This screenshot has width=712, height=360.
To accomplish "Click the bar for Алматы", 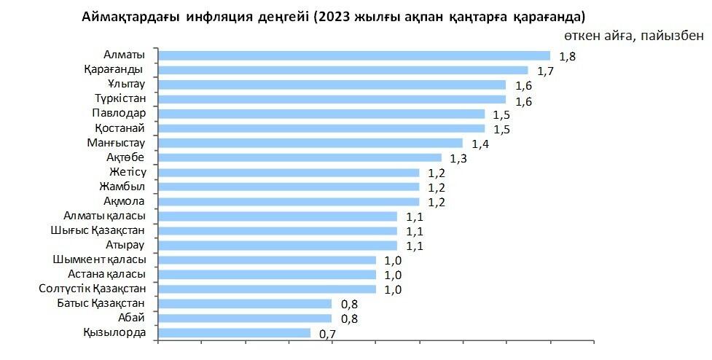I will pos(354,55).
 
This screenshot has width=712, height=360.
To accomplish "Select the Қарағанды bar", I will pos(343,70).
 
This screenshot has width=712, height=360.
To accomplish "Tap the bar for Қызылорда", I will pos(235,333).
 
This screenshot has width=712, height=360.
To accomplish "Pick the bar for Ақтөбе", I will pos(300,157).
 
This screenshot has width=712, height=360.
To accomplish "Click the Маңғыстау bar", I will pos(310,143).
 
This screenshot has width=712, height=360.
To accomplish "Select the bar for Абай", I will pos(245,318).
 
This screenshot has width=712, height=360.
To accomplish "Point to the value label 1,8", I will pos(567,56).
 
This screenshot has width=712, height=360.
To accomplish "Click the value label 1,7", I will pos(545,71).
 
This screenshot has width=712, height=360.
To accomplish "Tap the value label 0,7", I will pos(327,334).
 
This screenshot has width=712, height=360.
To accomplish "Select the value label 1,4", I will pos(480,144).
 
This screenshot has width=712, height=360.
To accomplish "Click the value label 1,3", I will pos(458,158).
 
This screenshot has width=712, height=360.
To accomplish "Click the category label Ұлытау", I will pos(126,84).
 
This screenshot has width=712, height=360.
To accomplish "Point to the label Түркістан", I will pos(120,98).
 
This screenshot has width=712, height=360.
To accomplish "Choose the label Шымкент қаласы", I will pos(99,259).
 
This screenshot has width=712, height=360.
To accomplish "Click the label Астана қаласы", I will pos(106,274).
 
